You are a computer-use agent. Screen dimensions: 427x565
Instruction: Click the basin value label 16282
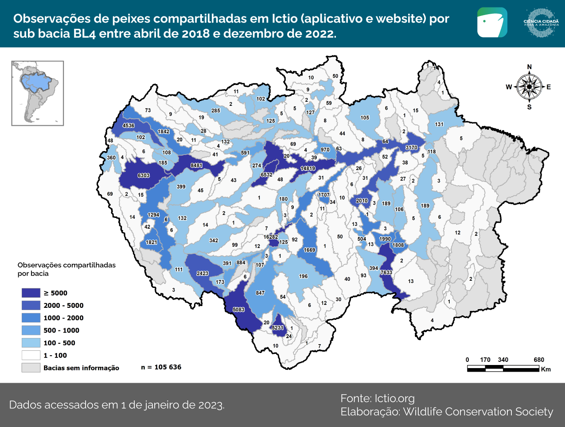[x=271, y=237]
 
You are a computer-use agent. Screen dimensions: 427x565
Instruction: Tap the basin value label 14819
[x=308, y=168]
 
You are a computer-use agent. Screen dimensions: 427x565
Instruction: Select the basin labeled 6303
[x=144, y=175]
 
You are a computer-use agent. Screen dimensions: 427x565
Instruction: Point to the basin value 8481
[x=196, y=166]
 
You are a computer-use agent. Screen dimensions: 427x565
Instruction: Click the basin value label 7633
[x=386, y=272]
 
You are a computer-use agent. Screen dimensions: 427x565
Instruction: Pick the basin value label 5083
[x=238, y=310]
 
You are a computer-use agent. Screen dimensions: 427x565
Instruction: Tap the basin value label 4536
[x=129, y=125]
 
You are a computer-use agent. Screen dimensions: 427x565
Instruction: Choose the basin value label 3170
[x=411, y=148]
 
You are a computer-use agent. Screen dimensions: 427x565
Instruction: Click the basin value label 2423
[x=203, y=273]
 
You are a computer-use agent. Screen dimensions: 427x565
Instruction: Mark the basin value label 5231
[x=278, y=328]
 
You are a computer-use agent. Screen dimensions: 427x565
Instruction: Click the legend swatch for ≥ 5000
[x=31, y=293]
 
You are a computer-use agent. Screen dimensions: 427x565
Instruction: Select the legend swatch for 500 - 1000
[x=31, y=330]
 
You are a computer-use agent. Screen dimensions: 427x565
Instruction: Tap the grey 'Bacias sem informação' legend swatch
[x=31, y=368]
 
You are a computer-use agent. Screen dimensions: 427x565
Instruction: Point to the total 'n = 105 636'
[x=161, y=367]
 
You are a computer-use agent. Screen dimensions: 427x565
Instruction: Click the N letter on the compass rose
[x=529, y=67]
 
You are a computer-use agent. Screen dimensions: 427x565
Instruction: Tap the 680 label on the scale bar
[x=539, y=360]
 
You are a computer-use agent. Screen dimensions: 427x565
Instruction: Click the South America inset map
[x=38, y=93]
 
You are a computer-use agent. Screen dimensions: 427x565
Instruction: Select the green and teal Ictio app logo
[x=492, y=22]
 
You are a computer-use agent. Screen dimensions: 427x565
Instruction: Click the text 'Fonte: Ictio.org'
[x=377, y=398]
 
